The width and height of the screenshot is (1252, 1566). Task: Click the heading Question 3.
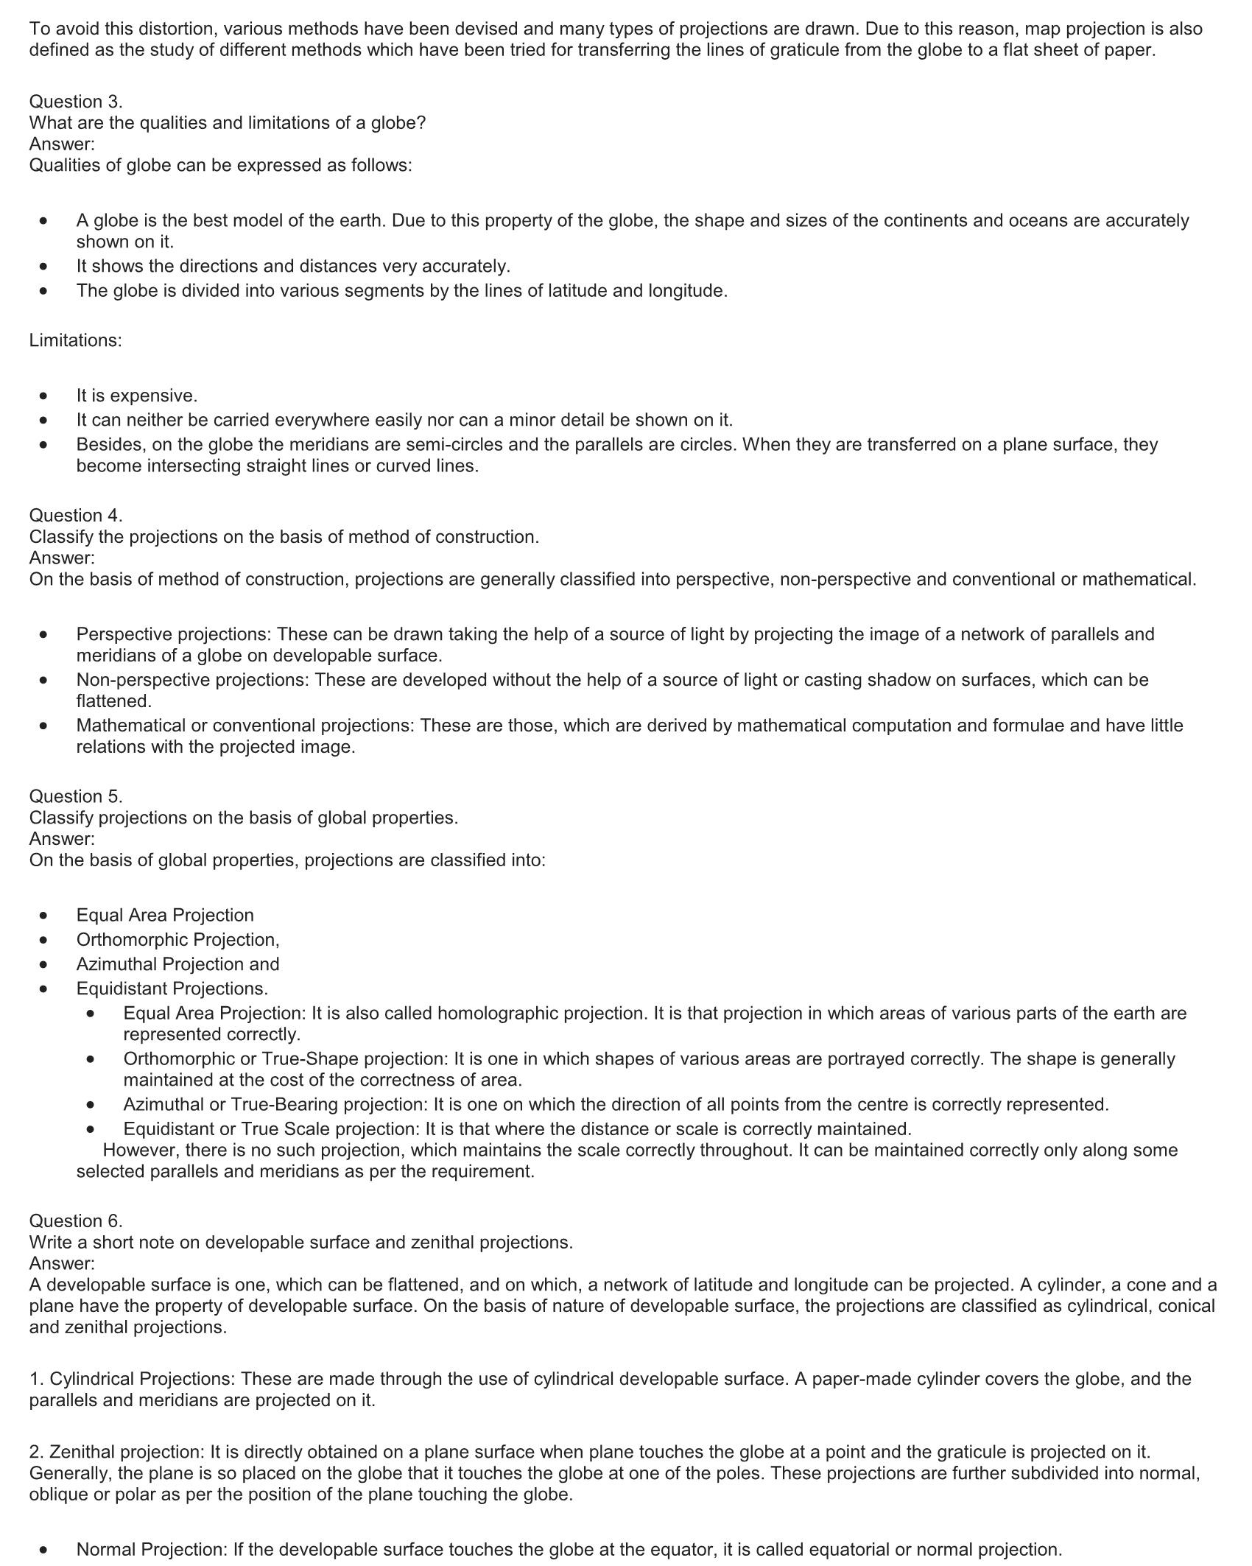click(x=76, y=102)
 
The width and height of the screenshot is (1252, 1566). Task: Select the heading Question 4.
click(x=76, y=516)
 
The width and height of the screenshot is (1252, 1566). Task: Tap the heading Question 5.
click(x=76, y=796)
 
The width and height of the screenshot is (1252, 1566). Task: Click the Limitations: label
click(x=75, y=340)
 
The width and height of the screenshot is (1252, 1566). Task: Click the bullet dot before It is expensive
click(x=45, y=396)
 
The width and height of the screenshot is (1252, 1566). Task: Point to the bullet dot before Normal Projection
click(x=45, y=1550)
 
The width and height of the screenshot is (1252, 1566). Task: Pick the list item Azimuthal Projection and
click(x=177, y=964)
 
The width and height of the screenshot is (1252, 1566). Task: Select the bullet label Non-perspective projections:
click(x=192, y=680)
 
